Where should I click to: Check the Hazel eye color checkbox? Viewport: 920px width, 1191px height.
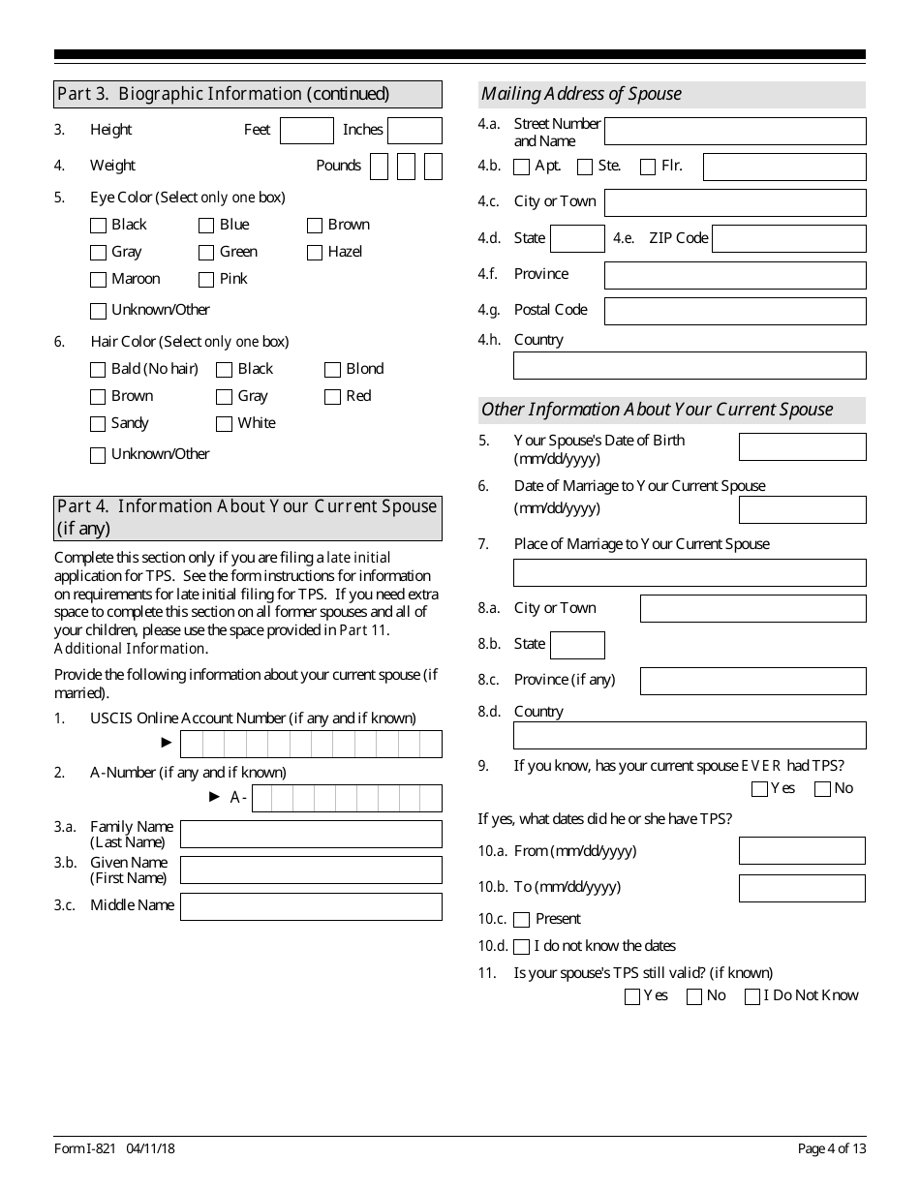(315, 253)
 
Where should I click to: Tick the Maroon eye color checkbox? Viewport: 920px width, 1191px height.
(98, 280)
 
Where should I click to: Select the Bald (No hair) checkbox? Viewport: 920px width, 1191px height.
(98, 370)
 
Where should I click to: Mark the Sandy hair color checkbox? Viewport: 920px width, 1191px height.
(98, 424)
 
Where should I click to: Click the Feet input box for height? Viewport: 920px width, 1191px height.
(306, 131)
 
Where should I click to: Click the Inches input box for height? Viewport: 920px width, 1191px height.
(414, 131)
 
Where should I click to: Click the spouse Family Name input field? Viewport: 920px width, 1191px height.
(311, 835)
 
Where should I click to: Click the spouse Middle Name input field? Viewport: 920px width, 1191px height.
(311, 906)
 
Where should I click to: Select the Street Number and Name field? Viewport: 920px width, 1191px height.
(735, 132)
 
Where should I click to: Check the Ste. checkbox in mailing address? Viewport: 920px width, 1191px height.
(585, 168)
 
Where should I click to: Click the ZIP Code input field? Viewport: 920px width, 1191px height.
(788, 239)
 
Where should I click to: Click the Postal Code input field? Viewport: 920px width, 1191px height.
(735, 311)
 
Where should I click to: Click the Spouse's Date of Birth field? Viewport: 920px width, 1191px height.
(802, 446)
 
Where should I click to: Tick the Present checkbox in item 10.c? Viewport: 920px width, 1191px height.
(522, 920)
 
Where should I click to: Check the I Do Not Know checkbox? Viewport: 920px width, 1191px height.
(752, 997)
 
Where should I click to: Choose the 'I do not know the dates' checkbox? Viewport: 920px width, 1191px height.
(522, 947)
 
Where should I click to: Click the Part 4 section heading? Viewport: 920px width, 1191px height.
(248, 517)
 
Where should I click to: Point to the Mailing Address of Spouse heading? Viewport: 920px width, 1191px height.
(581, 94)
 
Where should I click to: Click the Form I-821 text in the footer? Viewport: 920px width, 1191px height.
(85, 1148)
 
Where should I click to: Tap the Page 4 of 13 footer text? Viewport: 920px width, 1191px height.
(831, 1148)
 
